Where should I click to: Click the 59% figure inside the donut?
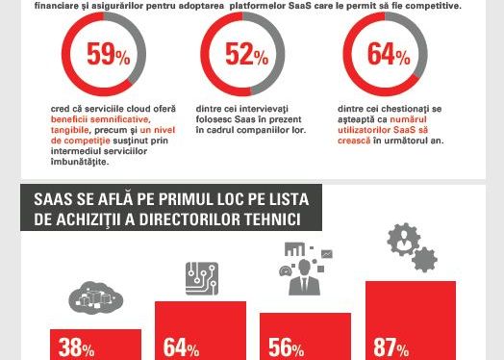pos(108,55)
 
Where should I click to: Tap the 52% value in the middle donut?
pos(246,55)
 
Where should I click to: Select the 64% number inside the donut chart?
pos(389,55)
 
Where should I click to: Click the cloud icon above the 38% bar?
pos(88,306)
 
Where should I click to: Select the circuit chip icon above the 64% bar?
pos(201,279)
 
